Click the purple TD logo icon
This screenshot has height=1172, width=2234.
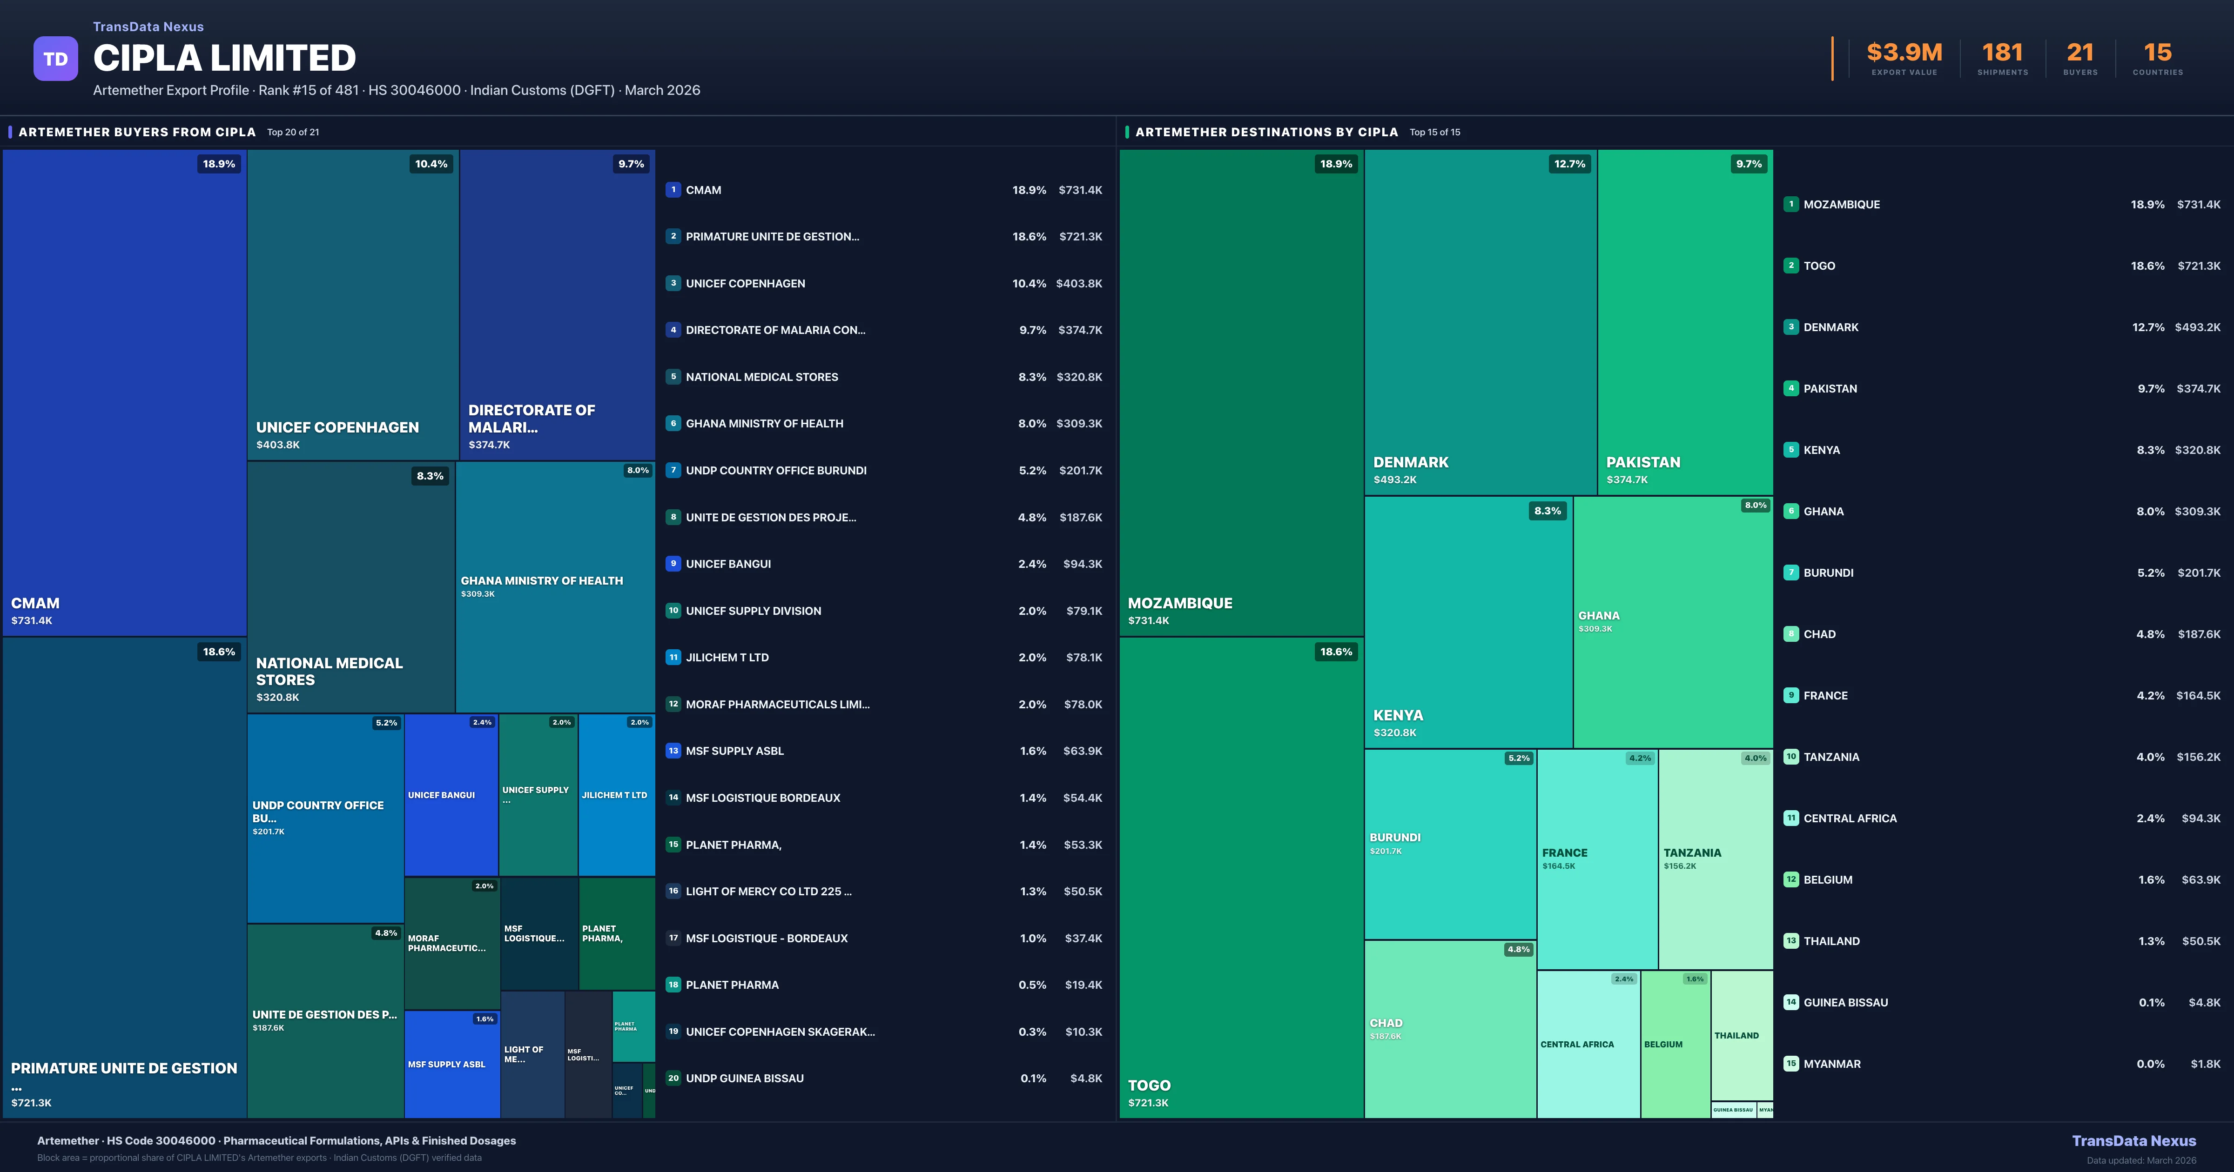[x=55, y=59]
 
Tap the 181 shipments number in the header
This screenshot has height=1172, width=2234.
[x=2002, y=53]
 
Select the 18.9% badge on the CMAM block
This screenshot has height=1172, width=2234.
[x=219, y=164]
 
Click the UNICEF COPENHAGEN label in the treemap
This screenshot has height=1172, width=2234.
[x=337, y=427]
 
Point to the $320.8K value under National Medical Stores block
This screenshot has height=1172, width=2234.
[x=277, y=697]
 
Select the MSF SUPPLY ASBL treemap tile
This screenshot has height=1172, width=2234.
[x=451, y=1064]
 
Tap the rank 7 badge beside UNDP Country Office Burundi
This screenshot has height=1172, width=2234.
[x=673, y=470]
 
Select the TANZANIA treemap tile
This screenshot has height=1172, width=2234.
[x=1715, y=858]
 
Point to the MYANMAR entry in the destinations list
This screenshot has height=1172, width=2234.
[x=1831, y=1064]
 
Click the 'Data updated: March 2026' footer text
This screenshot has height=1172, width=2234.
[x=2140, y=1160]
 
